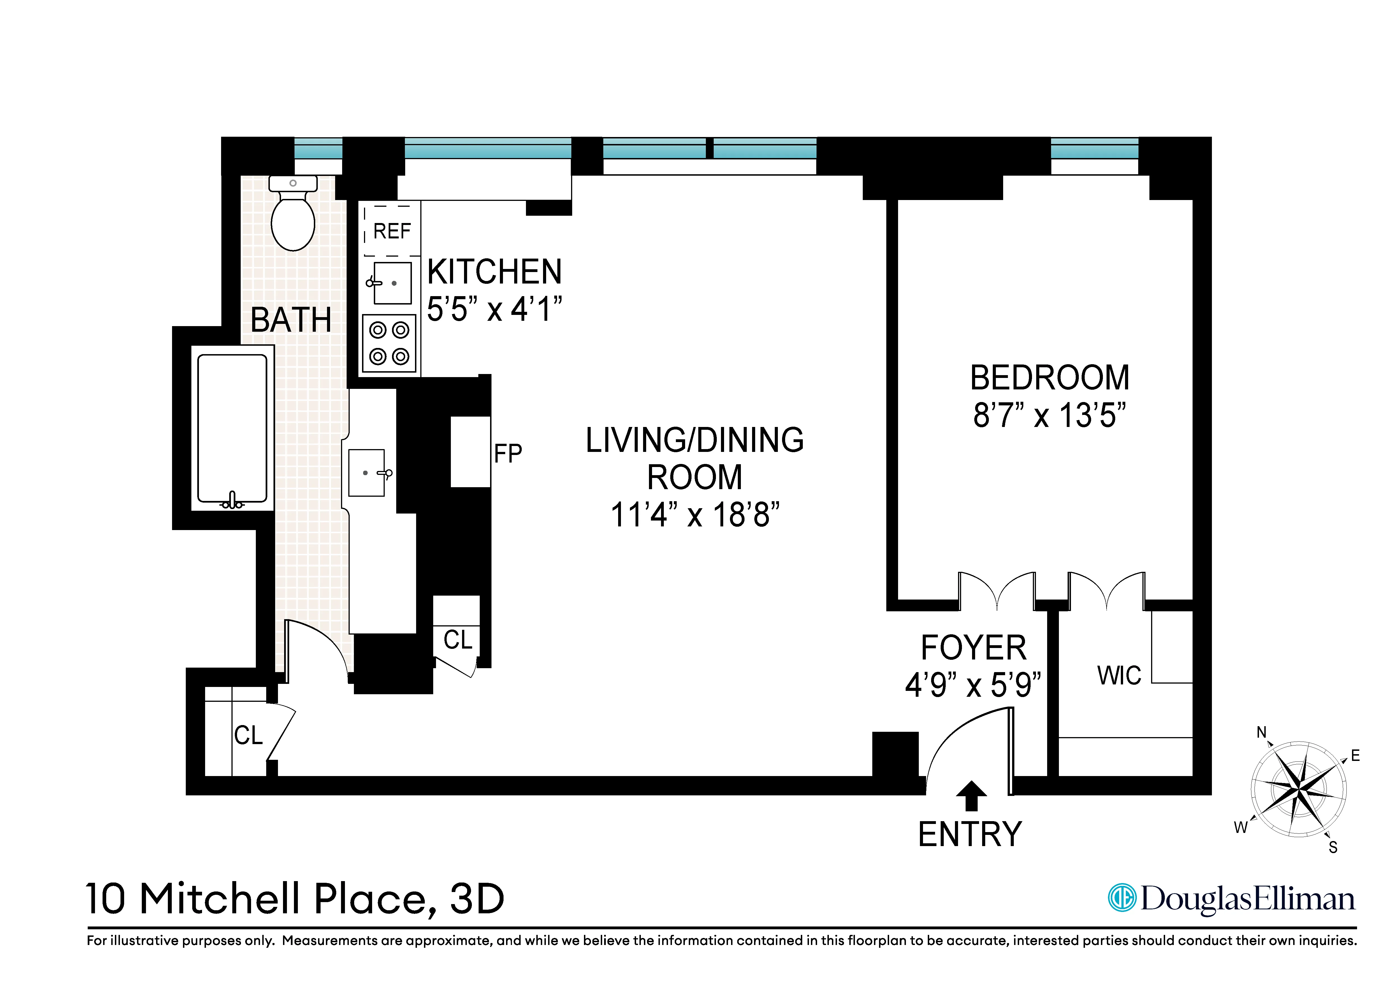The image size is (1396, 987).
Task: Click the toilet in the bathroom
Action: point(293,216)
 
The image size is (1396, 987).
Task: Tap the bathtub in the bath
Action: point(232,428)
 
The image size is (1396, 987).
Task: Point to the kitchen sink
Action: point(392,283)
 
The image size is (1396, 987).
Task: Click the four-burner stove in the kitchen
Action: point(389,343)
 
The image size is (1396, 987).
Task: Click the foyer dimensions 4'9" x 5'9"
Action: point(973,686)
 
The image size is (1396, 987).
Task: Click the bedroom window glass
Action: point(1094,148)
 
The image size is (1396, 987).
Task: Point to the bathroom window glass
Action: point(318,148)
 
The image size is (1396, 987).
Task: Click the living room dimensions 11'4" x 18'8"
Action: point(694,515)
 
